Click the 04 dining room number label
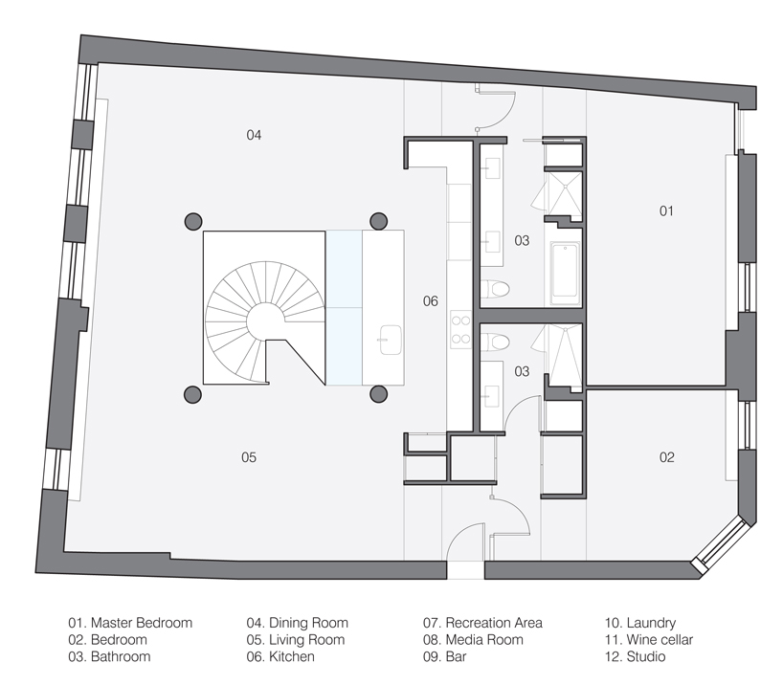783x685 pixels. tap(254, 135)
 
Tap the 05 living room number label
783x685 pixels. tap(248, 457)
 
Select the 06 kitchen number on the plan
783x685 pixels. tap(431, 301)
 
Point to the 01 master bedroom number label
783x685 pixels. tap(666, 210)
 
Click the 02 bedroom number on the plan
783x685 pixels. tap(666, 457)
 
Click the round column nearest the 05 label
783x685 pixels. tap(192, 392)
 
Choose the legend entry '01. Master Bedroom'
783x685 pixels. tap(130, 623)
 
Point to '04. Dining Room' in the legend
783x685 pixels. tap(297, 623)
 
